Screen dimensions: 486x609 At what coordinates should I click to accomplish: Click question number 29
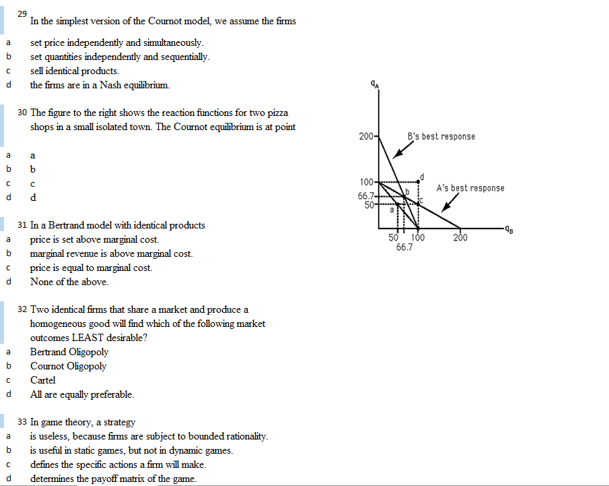coord(23,14)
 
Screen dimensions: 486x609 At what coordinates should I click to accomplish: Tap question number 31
coord(23,225)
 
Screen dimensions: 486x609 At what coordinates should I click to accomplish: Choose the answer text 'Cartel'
coord(43,380)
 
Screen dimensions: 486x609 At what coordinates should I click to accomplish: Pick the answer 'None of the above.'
coord(69,282)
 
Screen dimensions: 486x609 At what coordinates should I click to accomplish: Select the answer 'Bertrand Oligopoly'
coord(69,352)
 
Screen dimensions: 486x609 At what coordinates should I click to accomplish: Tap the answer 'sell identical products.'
coord(75,71)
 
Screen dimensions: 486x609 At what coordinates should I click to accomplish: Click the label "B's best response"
coord(441,137)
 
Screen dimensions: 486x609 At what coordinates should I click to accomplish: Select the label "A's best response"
coord(470,188)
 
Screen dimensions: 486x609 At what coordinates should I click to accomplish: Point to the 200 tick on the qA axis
coord(367,137)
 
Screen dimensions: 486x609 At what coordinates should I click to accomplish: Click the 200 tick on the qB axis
coord(460,237)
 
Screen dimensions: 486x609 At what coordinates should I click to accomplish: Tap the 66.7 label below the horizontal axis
coord(404,247)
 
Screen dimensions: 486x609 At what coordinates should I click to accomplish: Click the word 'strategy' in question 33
coord(119,422)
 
